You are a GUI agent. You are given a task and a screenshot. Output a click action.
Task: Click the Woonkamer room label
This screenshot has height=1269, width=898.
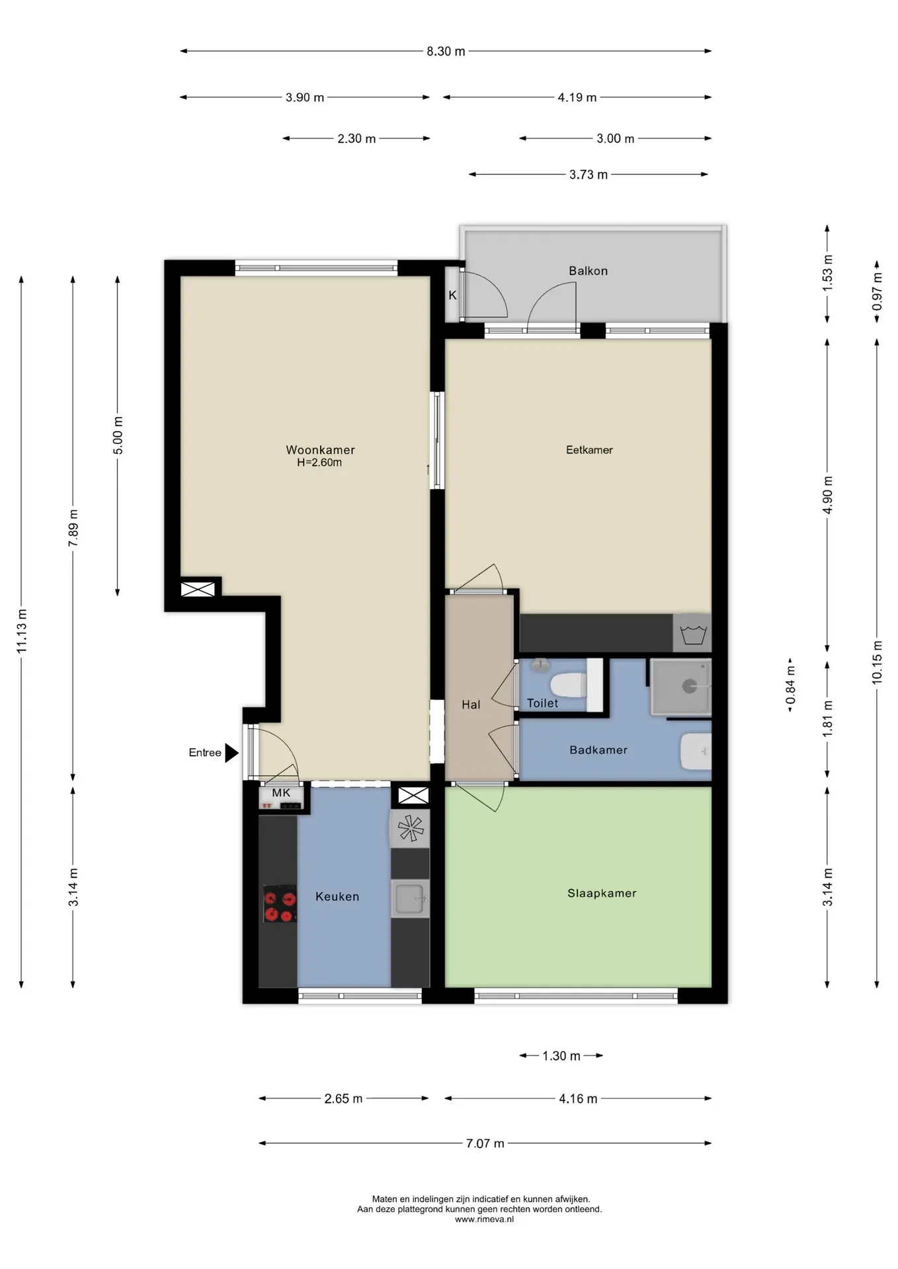(320, 449)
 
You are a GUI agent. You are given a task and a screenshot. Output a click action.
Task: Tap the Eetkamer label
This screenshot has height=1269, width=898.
(589, 449)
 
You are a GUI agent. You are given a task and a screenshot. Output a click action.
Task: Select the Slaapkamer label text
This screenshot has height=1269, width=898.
(602, 893)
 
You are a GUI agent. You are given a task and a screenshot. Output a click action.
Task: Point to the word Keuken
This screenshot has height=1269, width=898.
(337, 896)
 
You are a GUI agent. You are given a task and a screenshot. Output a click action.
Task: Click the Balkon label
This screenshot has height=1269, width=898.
(588, 270)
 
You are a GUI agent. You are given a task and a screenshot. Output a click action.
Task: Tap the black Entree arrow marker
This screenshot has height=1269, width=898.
(231, 753)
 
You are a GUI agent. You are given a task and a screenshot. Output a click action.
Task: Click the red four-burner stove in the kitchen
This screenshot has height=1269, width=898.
(280, 904)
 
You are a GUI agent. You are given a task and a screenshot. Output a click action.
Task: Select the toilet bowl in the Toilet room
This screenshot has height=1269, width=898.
(568, 685)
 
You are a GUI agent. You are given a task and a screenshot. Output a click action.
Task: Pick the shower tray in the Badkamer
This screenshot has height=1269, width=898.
(680, 687)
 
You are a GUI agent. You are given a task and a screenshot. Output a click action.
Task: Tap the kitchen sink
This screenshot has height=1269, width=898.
(410, 898)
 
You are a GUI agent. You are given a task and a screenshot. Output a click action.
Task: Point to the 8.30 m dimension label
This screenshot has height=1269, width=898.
(446, 51)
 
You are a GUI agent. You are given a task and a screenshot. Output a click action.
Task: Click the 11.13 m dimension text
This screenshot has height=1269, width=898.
(22, 631)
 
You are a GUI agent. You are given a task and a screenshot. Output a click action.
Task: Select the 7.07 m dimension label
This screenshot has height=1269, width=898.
(485, 1143)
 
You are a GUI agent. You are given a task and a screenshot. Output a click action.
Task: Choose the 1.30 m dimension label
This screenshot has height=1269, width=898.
(561, 1056)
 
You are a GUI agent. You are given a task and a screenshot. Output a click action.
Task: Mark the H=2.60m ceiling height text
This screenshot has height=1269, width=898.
(319, 463)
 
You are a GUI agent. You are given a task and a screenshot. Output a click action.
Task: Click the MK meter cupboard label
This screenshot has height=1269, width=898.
(281, 792)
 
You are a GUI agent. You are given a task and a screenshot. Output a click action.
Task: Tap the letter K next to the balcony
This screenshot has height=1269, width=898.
(452, 295)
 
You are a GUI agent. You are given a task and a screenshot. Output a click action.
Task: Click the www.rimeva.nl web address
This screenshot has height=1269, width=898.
(484, 1219)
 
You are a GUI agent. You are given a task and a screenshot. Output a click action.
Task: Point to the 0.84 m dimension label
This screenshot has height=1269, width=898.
(790, 685)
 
